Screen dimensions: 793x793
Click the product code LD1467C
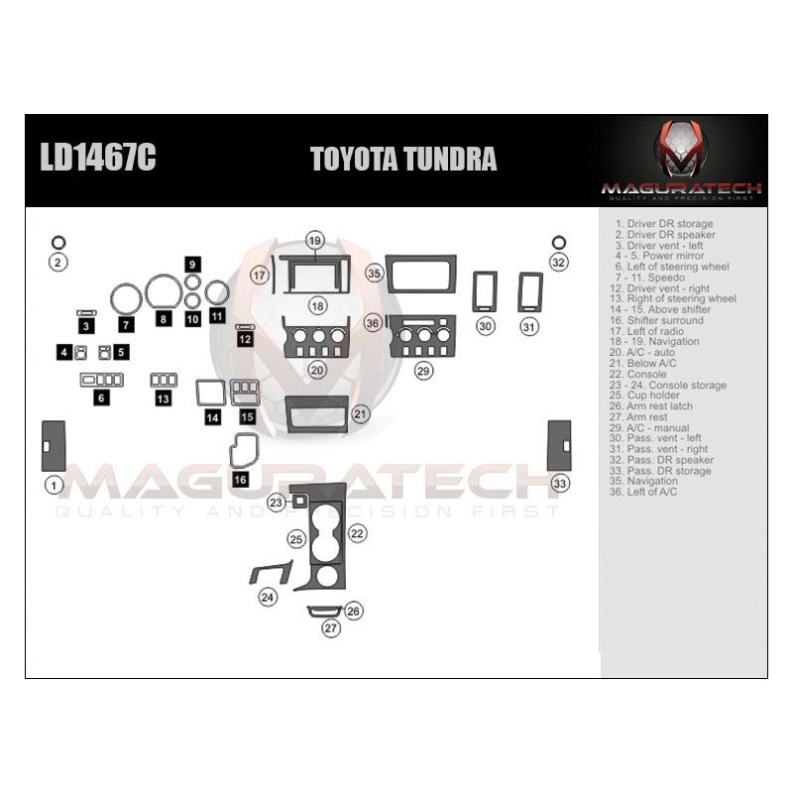97,160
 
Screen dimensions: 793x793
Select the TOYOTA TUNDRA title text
403,160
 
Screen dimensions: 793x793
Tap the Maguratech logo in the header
681,160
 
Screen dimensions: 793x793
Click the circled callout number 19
315,241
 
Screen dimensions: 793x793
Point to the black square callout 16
240,479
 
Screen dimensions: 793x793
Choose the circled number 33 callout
561,483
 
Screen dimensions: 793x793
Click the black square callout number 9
192,264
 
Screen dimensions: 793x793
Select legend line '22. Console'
645,375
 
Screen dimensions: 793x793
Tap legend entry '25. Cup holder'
653,396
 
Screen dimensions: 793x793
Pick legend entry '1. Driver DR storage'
663,224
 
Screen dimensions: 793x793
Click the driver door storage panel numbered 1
54,446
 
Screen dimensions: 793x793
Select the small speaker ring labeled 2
58,242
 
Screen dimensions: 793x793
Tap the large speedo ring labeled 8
164,292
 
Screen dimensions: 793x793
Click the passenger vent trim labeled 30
485,292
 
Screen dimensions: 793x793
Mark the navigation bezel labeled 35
421,274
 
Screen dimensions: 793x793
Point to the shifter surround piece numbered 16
244,452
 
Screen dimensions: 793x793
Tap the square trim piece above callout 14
210,394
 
